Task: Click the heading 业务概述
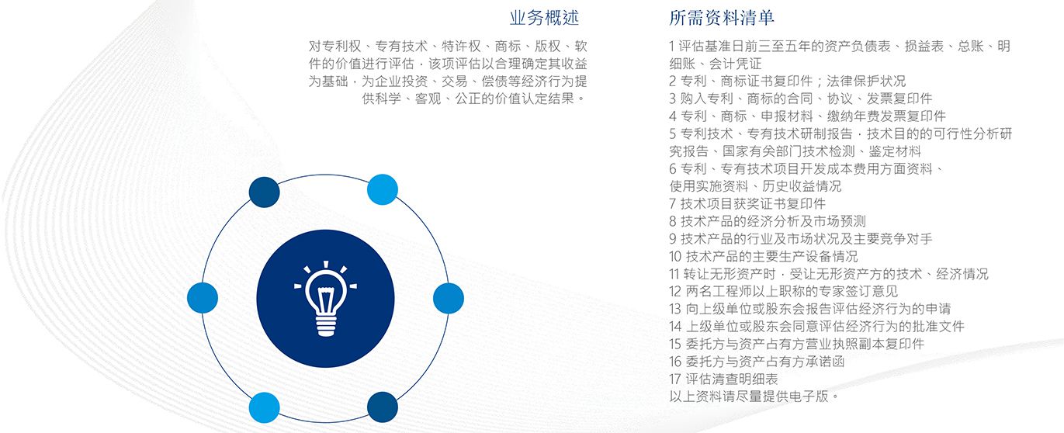(x=544, y=18)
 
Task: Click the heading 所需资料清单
(x=722, y=18)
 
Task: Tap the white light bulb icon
(x=325, y=299)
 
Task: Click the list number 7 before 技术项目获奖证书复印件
(x=673, y=203)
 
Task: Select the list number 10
(x=675, y=256)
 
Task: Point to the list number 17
(x=675, y=379)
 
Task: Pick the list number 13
(x=675, y=309)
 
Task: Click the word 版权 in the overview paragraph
(x=548, y=46)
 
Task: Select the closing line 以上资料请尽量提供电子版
(x=749, y=396)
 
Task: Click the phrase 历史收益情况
(x=802, y=186)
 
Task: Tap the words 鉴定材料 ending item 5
(x=895, y=151)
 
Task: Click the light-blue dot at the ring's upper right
(x=383, y=189)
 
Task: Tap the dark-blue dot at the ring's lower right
(x=383, y=407)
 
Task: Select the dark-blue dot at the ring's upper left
(x=264, y=192)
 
